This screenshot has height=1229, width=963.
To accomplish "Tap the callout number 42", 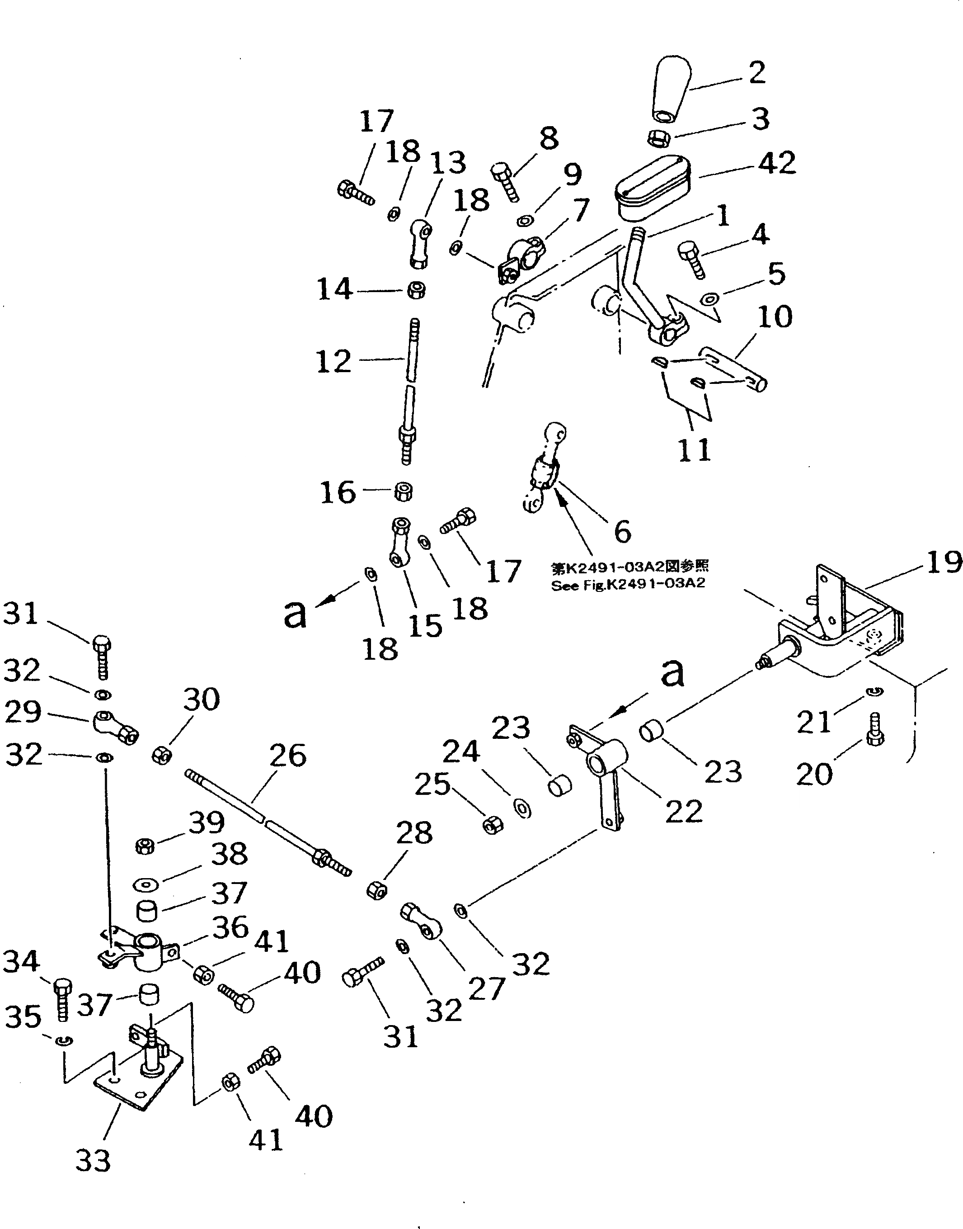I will pyautogui.click(x=776, y=163).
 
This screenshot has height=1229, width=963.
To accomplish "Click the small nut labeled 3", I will pyautogui.click(x=657, y=137).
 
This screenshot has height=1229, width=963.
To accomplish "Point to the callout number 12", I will pyautogui.click(x=334, y=361).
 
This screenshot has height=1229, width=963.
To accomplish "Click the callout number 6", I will pyautogui.click(x=622, y=531).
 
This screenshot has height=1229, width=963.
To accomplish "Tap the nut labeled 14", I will pyautogui.click(x=416, y=291).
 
